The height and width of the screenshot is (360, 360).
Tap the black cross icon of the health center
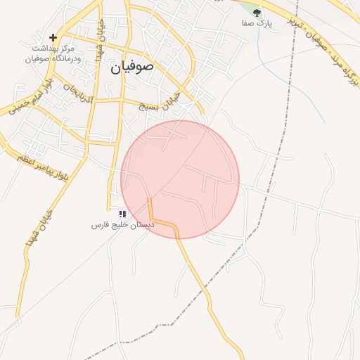tap(53, 37)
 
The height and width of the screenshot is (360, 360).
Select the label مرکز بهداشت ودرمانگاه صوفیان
tap(53, 53)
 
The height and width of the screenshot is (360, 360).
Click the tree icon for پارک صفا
tap(257, 12)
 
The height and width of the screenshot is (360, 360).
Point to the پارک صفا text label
tap(258, 23)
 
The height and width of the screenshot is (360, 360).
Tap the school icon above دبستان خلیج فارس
tap(122, 213)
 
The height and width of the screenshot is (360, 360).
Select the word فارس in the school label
tap(101, 225)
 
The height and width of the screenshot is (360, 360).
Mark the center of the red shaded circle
tap(180, 180)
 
